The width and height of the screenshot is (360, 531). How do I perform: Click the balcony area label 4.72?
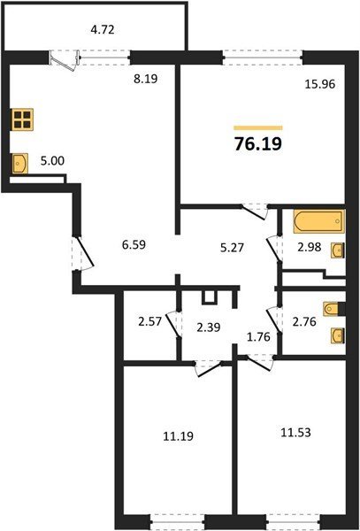(x=103, y=30)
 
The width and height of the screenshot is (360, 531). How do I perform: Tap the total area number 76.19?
(x=257, y=144)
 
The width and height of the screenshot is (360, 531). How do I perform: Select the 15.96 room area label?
(x=320, y=84)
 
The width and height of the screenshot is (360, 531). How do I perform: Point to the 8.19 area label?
(x=145, y=79)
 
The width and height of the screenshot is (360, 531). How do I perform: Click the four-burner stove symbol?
(x=23, y=119)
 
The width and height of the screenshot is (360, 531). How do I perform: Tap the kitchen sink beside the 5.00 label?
(x=19, y=164)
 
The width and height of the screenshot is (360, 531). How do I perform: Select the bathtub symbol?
(x=318, y=222)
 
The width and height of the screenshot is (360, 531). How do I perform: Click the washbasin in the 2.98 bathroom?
(x=338, y=250)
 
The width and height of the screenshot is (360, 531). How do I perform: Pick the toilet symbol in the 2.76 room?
(x=333, y=309)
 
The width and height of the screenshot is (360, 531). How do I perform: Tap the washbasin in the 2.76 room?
(x=338, y=336)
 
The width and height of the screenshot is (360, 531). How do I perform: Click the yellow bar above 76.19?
(x=258, y=127)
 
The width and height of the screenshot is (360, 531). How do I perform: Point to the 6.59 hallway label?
(x=134, y=244)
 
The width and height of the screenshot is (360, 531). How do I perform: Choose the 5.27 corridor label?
(x=232, y=248)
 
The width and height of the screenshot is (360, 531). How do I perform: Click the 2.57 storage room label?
(x=150, y=321)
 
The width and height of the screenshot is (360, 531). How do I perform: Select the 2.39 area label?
(x=209, y=327)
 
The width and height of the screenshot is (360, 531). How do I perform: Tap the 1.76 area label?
(x=259, y=336)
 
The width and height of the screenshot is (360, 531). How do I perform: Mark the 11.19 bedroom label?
(x=179, y=436)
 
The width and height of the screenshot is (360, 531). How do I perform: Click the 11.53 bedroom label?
(x=296, y=432)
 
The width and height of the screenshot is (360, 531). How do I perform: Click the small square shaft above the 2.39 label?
(x=209, y=297)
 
